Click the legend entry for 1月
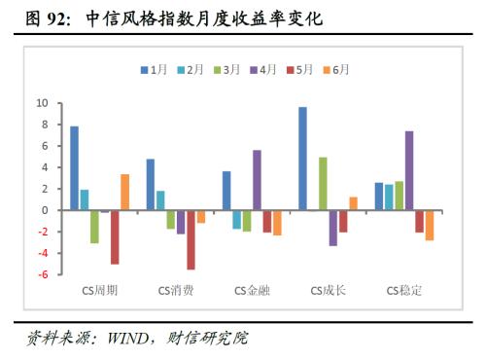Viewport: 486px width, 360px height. [155, 70]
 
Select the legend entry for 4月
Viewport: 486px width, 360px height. [267, 70]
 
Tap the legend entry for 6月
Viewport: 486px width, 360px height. [339, 70]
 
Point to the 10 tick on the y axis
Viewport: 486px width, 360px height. [42, 102]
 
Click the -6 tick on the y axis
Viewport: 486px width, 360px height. [42, 275]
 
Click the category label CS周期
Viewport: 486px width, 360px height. [99, 290]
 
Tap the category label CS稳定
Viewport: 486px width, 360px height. [405, 290]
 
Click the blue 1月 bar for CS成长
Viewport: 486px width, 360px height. [302, 159]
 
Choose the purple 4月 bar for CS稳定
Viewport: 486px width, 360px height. [409, 170]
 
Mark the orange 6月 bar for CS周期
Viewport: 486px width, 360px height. [124, 192]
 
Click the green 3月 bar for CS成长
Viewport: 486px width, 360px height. [323, 184]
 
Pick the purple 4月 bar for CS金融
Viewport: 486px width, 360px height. [257, 180]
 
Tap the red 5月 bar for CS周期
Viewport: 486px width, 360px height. [115, 236]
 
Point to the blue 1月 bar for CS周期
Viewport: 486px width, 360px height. [74, 168]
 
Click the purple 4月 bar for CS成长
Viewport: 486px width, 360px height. [332, 228]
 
